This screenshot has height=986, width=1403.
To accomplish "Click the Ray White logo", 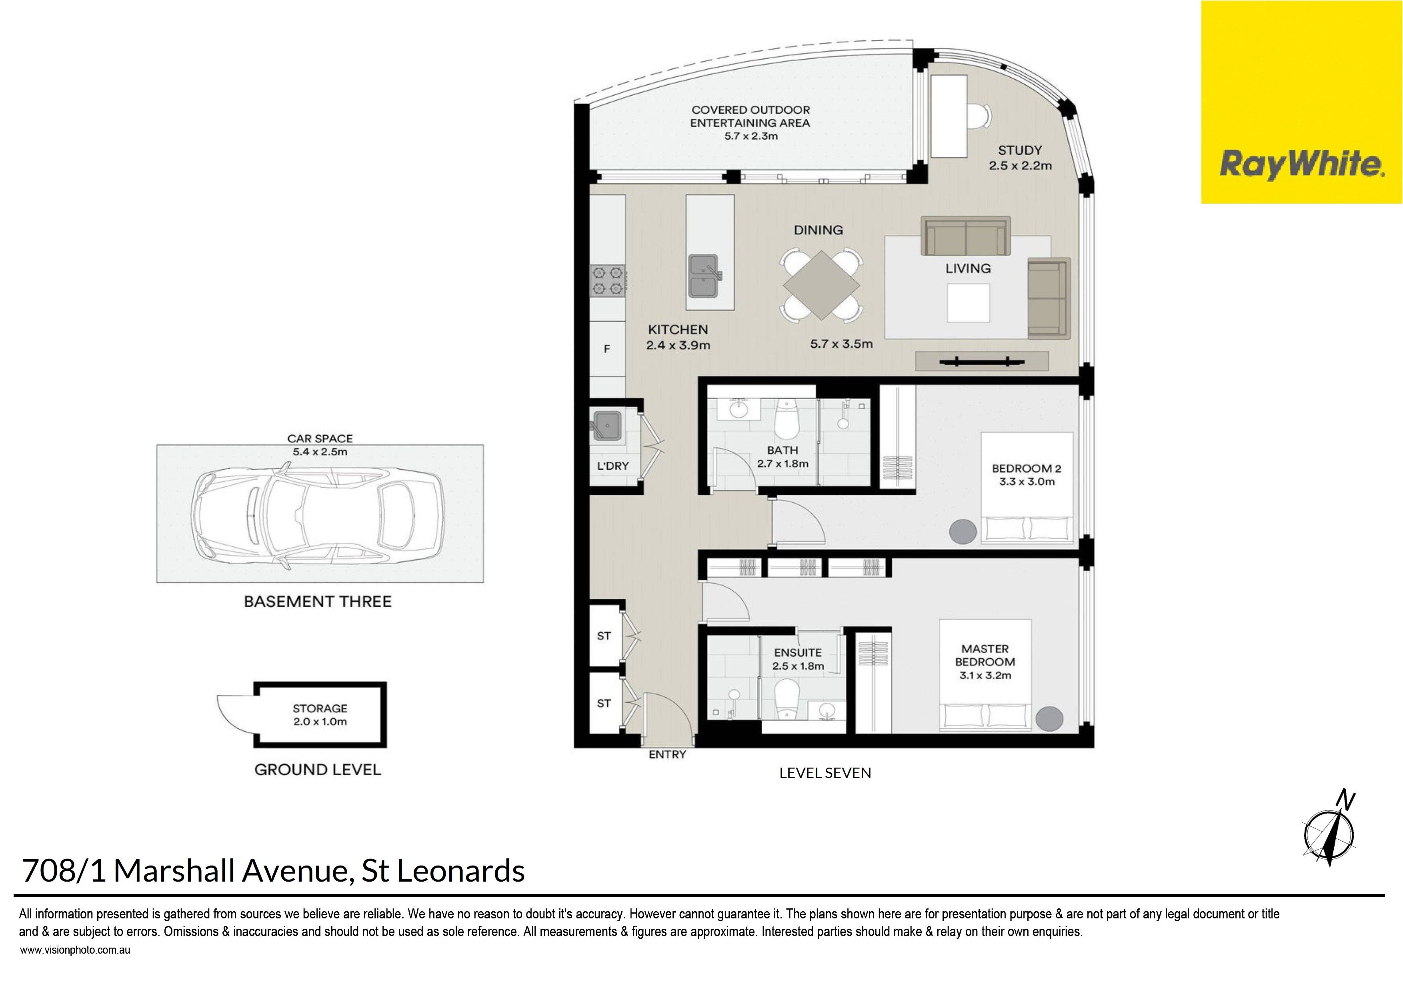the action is (x=1301, y=102).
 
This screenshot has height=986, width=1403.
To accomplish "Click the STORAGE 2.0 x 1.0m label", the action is (x=320, y=715).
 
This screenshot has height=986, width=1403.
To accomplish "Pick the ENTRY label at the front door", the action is (x=667, y=755).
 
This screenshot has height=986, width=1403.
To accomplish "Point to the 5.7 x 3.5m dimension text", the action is (x=841, y=344).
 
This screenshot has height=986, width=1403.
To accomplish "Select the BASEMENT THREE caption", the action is (x=318, y=602).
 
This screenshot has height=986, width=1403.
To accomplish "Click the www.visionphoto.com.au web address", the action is (x=75, y=950).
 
